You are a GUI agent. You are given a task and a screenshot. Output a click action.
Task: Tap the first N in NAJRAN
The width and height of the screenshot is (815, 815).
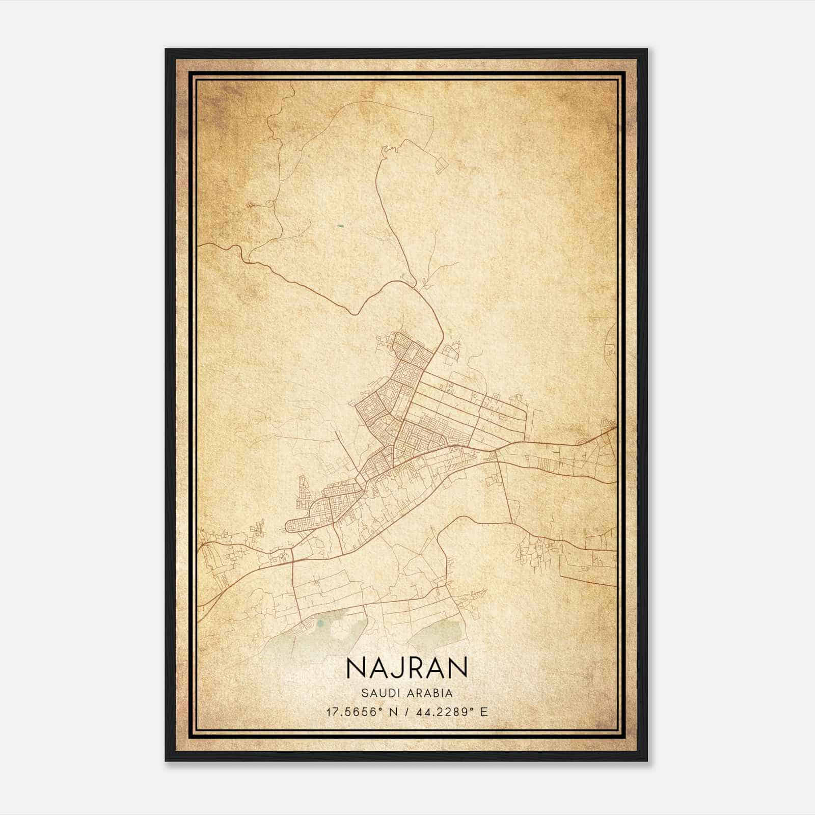(x=355, y=667)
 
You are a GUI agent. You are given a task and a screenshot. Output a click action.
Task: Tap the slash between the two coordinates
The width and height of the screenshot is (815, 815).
(x=405, y=712)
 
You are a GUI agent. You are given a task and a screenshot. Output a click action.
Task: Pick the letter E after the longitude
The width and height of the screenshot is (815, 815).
(x=484, y=712)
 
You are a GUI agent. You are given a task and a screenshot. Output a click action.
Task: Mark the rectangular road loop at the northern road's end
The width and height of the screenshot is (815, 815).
(x=441, y=165)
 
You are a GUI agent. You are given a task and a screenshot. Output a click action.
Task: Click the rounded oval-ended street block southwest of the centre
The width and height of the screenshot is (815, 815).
(x=301, y=525)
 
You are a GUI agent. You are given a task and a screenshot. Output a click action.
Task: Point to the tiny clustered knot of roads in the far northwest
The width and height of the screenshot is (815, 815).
(x=251, y=205)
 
